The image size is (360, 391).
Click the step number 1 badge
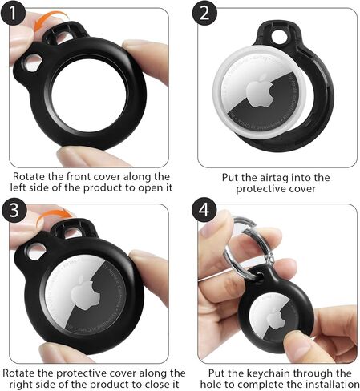tap(13, 13)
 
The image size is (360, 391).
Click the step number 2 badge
tap(204, 13)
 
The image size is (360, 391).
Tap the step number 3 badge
tap(14, 210)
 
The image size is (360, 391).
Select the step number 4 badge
tap(204, 210)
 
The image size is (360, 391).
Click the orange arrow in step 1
tap(50, 19)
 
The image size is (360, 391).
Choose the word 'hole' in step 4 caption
tap(211, 385)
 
